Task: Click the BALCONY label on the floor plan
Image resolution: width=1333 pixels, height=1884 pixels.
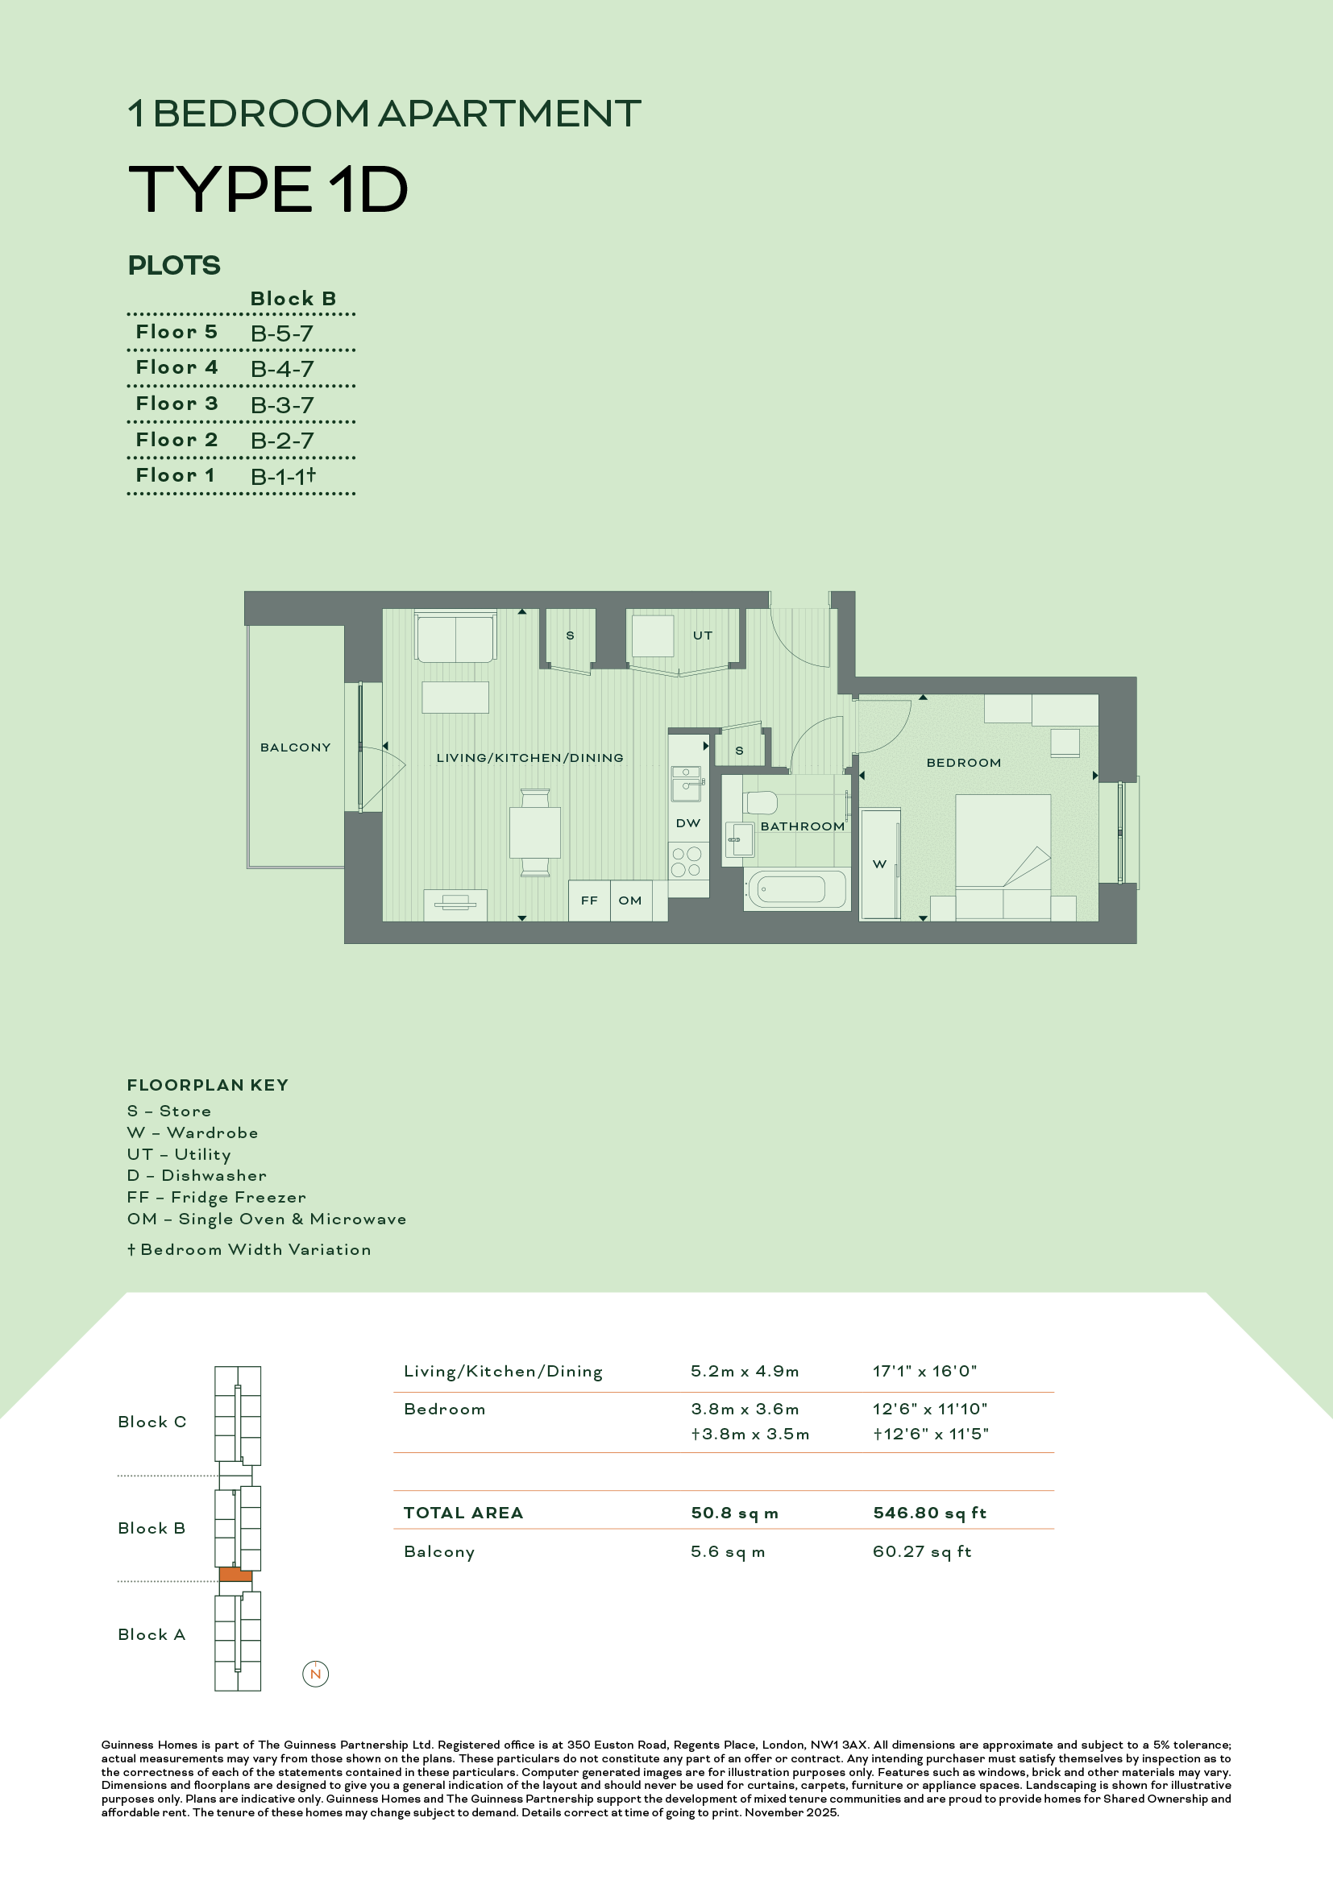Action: pyautogui.click(x=296, y=747)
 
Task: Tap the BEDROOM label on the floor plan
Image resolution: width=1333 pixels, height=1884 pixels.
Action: pyautogui.click(x=964, y=763)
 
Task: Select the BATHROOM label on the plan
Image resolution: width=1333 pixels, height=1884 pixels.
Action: pyautogui.click(x=802, y=826)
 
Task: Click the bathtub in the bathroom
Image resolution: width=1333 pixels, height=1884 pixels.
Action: pyautogui.click(x=795, y=889)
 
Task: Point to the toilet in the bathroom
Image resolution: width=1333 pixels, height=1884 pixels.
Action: pyautogui.click(x=760, y=801)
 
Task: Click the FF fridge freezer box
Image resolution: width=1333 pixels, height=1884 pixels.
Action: pyautogui.click(x=589, y=901)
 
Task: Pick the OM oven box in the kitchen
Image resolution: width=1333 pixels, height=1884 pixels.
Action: pyautogui.click(x=630, y=901)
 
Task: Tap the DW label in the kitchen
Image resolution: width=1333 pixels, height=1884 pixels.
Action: pyautogui.click(x=687, y=823)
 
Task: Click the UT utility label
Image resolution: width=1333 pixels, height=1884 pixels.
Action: pyautogui.click(x=703, y=635)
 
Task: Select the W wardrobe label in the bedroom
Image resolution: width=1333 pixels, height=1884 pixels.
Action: pyautogui.click(x=879, y=864)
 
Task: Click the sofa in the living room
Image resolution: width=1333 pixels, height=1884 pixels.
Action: pyautogui.click(x=455, y=637)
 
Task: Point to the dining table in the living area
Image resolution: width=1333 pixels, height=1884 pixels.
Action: pyautogui.click(x=535, y=832)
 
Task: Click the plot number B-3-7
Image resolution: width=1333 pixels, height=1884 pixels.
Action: pyautogui.click(x=282, y=405)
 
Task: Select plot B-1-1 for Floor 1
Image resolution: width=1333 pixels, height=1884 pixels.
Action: pyautogui.click(x=283, y=477)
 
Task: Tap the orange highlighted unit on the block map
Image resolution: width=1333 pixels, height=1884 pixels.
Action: pyautogui.click(x=235, y=1575)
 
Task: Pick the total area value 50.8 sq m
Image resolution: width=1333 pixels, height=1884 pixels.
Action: pyautogui.click(x=735, y=1513)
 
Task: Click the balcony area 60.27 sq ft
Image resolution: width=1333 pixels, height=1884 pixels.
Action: pyautogui.click(x=922, y=1551)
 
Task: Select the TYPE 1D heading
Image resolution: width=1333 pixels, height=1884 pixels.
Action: pyautogui.click(x=268, y=189)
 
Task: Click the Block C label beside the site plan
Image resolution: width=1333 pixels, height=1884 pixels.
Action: pyautogui.click(x=152, y=1422)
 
